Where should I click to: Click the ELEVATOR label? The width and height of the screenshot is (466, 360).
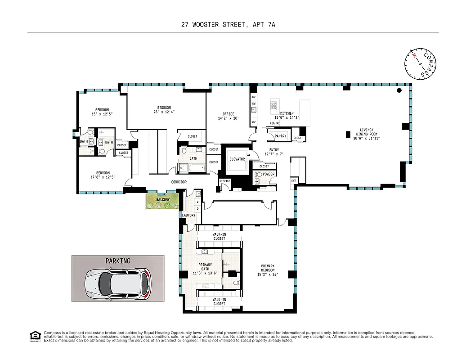click(x=237, y=159)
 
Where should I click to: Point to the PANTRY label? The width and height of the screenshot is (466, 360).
click(x=280, y=136)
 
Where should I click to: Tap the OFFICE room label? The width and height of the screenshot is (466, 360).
click(x=229, y=114)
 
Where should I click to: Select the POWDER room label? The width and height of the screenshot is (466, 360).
click(x=269, y=174)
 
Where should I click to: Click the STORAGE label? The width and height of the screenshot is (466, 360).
click(x=225, y=181)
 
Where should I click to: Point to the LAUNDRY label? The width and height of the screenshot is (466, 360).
click(x=188, y=215)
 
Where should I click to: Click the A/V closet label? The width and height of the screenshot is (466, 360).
click(x=293, y=180)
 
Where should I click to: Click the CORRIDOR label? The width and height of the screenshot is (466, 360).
click(x=179, y=182)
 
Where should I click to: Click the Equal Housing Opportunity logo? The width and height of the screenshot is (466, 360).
click(x=35, y=335)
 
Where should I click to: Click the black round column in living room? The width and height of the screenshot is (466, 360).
click(x=399, y=90)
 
